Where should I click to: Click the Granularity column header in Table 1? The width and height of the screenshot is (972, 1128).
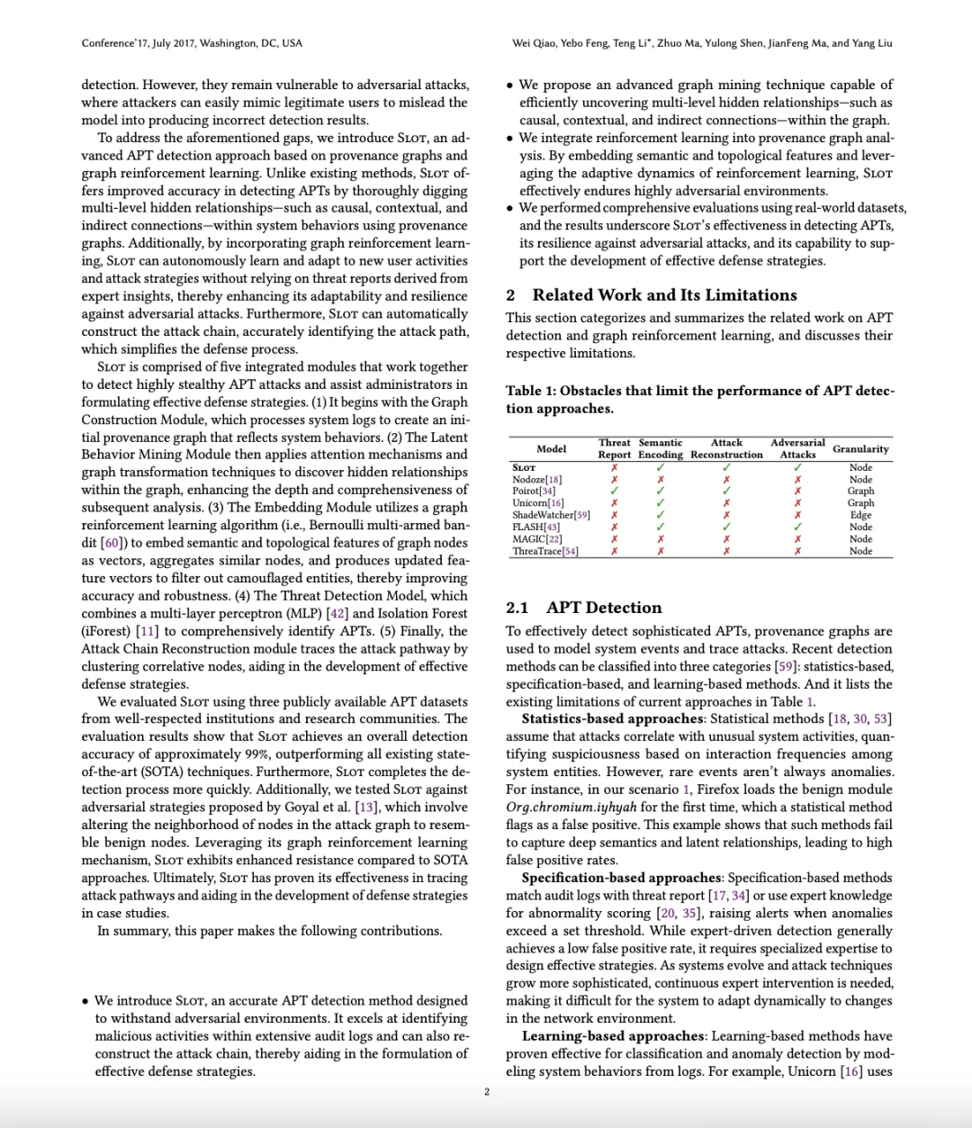[860, 448]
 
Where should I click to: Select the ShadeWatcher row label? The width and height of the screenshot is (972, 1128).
[551, 515]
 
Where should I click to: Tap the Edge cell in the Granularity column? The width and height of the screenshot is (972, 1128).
[860, 515]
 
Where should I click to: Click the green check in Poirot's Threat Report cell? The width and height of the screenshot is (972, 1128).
[615, 492]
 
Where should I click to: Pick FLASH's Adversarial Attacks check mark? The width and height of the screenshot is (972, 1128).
[797, 527]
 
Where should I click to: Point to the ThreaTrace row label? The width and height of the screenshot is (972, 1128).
[545, 551]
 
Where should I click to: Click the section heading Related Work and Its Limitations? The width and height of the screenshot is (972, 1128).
[664, 295]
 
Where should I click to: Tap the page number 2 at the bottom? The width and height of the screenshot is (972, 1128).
[487, 1092]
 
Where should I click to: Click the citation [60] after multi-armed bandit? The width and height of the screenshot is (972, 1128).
[111, 543]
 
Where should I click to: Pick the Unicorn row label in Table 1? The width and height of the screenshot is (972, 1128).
[538, 503]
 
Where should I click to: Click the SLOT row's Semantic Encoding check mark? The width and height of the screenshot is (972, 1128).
[661, 468]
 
